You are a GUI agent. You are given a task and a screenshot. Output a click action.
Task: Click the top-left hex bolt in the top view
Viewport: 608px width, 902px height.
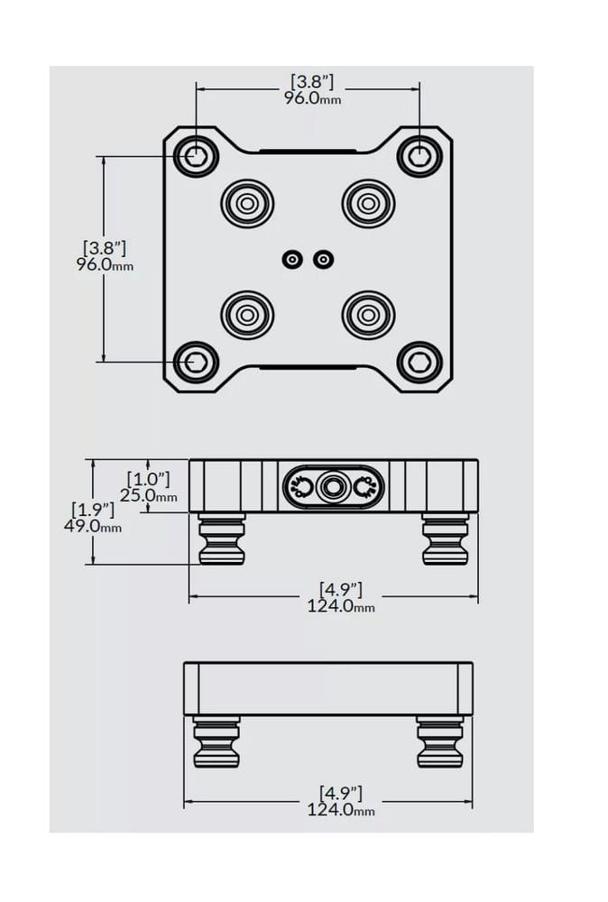click(x=196, y=155)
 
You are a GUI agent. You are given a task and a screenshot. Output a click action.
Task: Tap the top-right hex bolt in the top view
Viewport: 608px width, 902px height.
click(x=419, y=155)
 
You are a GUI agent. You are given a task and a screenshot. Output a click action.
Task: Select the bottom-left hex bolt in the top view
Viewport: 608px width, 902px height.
click(x=196, y=362)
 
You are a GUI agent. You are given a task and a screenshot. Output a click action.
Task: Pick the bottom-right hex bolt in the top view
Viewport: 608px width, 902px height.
click(x=419, y=362)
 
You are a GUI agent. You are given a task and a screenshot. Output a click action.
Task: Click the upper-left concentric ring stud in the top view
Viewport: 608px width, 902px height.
click(x=247, y=204)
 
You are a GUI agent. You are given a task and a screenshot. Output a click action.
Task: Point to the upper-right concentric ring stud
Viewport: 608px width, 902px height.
click(x=368, y=204)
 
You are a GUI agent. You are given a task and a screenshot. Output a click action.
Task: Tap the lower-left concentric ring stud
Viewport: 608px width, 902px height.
click(x=247, y=315)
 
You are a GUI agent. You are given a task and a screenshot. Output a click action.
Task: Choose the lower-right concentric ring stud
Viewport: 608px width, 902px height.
click(x=368, y=315)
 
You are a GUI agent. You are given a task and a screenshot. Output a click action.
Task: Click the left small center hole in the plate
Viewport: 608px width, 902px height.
click(x=293, y=260)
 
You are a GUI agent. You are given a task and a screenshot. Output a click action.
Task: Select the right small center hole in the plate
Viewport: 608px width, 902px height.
click(x=323, y=260)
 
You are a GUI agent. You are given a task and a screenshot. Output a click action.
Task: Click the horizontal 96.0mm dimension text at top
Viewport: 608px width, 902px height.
click(x=312, y=97)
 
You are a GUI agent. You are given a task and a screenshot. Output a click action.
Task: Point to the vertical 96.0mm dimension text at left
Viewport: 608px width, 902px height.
click(x=105, y=264)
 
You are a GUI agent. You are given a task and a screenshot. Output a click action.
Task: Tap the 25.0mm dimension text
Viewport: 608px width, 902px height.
click(x=149, y=494)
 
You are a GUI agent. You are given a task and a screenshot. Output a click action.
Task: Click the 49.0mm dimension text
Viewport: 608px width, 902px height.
click(x=93, y=526)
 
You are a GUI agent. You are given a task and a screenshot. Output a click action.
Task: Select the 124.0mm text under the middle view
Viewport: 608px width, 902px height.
click(x=341, y=606)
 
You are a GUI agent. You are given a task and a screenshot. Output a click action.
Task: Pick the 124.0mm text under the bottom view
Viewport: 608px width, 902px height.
click(x=341, y=810)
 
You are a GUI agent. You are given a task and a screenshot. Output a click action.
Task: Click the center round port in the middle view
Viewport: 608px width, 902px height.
click(x=332, y=488)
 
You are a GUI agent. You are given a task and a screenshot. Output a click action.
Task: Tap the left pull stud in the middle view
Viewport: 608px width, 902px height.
click(x=222, y=539)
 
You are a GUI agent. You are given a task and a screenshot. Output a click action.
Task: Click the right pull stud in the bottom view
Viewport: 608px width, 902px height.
click(x=440, y=742)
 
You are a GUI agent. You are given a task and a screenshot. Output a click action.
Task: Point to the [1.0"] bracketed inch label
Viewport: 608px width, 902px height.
click(x=149, y=479)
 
